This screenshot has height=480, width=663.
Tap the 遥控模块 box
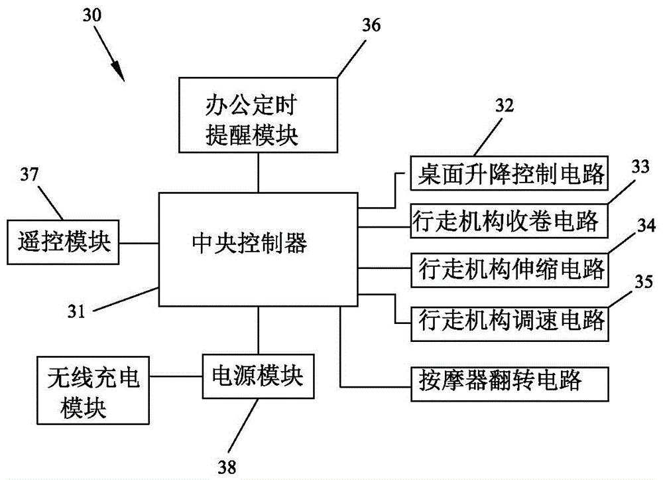coord(62,242)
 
